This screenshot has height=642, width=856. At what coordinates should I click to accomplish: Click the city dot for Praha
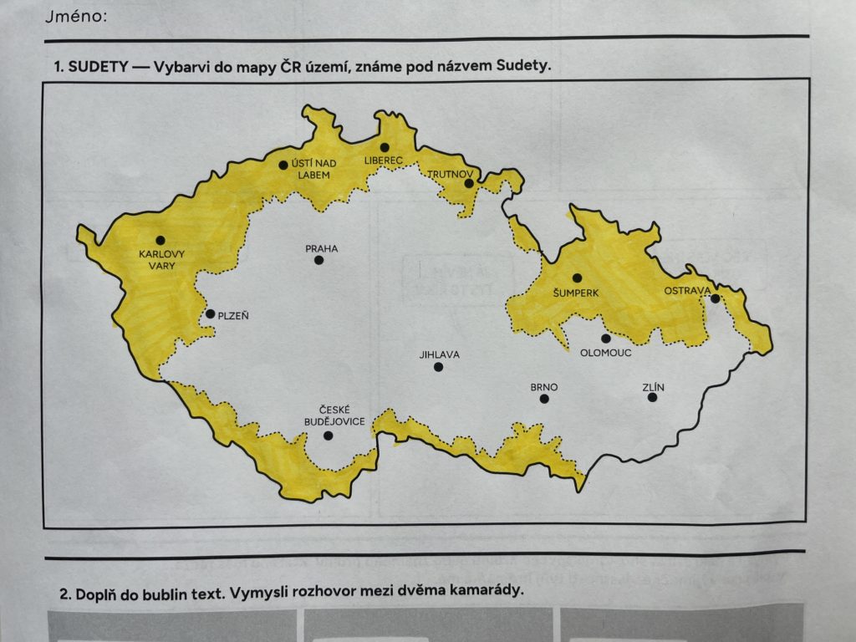[318, 260]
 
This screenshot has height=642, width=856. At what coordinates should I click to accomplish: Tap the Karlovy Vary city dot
[160, 240]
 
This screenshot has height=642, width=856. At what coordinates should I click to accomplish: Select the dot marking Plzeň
[211, 314]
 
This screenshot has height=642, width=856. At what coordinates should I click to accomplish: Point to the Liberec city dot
[385, 147]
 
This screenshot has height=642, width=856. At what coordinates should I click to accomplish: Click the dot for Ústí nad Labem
[283, 165]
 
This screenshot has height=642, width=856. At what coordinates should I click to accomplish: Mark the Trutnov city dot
[469, 183]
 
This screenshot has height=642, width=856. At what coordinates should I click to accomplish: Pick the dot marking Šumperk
[577, 278]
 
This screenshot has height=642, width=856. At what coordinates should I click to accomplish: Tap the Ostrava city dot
[716, 298]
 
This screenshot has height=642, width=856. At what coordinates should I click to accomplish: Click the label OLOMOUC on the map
[606, 353]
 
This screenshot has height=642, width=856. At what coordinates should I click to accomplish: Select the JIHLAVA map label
[440, 354]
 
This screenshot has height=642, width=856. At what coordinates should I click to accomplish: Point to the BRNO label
[544, 387]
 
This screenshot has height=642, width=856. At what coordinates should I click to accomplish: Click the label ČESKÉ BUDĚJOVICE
[330, 415]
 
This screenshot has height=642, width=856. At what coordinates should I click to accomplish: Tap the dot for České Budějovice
[328, 436]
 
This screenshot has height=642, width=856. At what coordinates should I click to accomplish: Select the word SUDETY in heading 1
[98, 67]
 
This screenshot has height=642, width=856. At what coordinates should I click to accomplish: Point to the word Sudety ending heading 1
[527, 67]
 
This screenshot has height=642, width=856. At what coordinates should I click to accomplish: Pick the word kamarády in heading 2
[488, 592]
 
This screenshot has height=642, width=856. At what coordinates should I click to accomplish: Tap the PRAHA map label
[322, 248]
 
